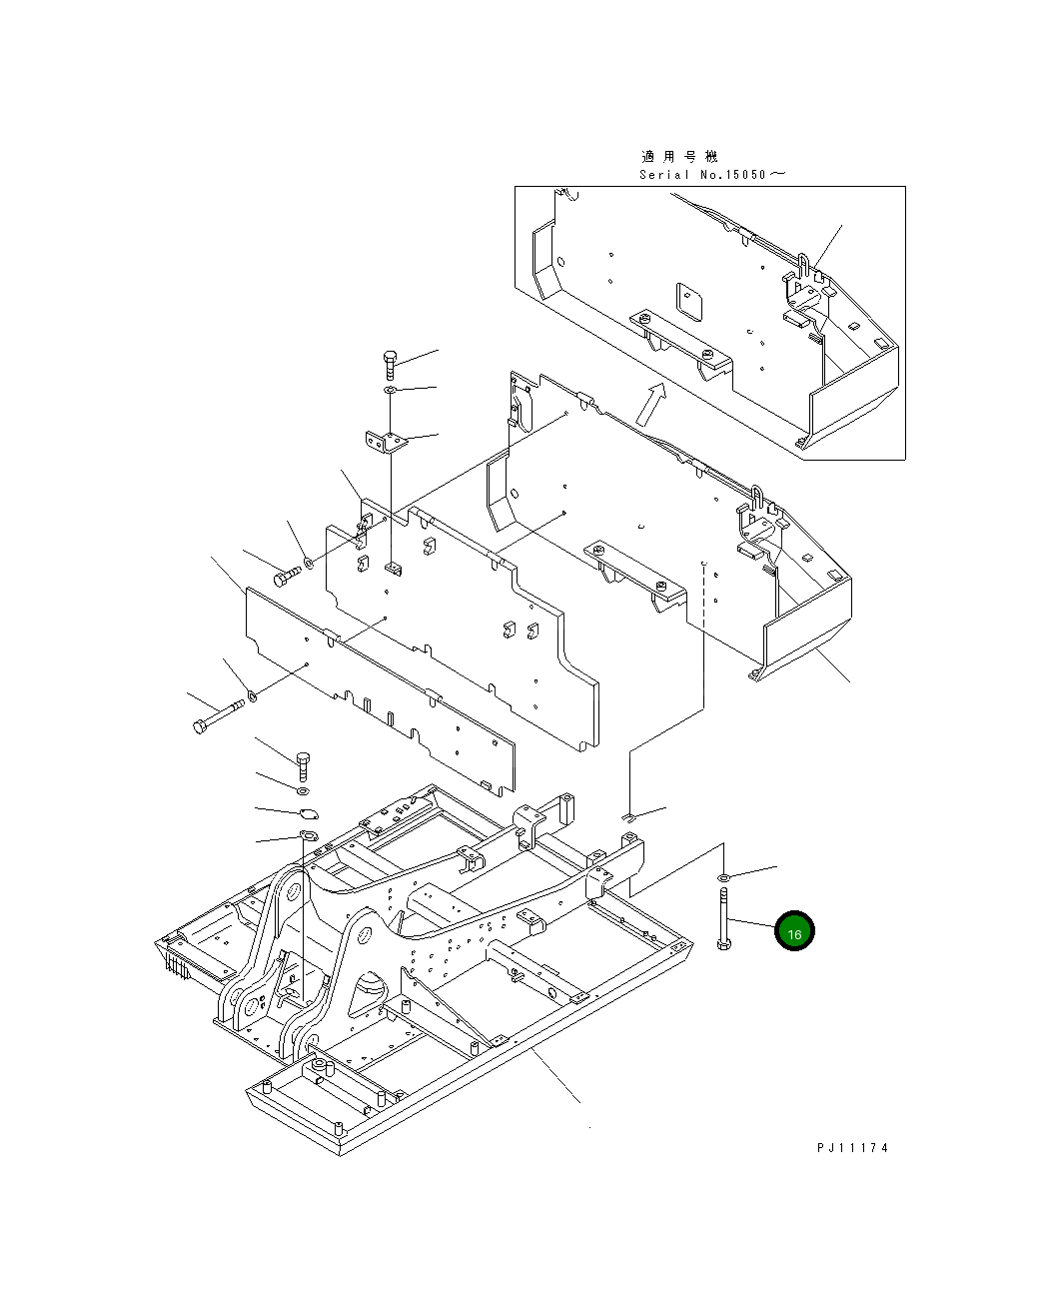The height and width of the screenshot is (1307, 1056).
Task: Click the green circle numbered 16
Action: coord(794,931)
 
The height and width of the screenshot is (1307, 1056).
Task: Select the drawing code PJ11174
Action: coord(852,1147)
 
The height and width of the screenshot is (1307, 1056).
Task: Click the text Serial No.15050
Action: coord(702,175)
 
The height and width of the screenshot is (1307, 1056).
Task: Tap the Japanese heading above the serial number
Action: coord(679,157)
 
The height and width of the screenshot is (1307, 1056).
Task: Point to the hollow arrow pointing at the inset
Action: coord(650,405)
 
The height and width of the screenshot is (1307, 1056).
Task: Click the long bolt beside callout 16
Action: coord(724,918)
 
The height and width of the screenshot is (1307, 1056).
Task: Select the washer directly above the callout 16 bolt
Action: coord(724,877)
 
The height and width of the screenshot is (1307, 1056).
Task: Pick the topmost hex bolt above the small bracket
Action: coord(391,365)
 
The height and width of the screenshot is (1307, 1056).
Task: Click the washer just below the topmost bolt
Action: coord(391,390)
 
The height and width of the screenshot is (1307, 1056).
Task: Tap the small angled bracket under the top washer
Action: coord(387,442)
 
